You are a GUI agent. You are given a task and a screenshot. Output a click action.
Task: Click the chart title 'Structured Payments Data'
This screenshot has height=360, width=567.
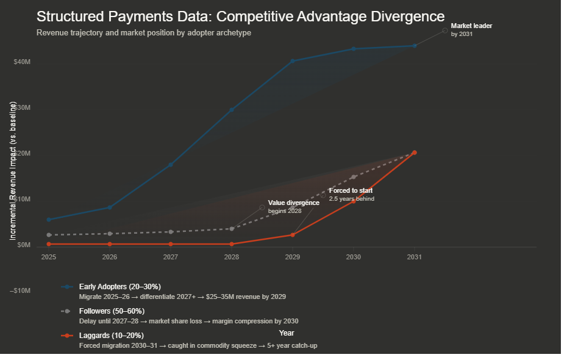tap(240, 16)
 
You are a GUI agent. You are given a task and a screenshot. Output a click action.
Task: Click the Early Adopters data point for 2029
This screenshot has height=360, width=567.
tap(293, 61)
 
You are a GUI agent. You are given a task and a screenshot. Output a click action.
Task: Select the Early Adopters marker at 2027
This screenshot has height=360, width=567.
tap(171, 165)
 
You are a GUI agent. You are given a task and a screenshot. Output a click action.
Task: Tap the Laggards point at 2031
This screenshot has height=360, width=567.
tap(415, 153)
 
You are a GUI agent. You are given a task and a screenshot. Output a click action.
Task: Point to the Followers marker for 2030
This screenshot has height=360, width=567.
tap(354, 177)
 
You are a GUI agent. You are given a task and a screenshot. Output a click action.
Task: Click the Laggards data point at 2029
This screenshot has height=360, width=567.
tap(293, 235)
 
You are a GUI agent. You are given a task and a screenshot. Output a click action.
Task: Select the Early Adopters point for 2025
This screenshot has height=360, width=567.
tap(49, 220)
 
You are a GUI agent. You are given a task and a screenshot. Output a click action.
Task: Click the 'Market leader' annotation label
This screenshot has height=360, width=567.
tap(471, 26)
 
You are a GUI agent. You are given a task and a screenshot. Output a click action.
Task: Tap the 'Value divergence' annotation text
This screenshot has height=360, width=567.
tap(293, 203)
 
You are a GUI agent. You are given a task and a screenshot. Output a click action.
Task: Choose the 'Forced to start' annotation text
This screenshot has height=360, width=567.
tap(351, 191)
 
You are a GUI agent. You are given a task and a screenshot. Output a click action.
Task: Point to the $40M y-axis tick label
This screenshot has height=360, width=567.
tap(22, 62)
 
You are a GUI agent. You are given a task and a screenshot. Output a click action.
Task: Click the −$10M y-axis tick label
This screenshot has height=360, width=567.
tap(20, 290)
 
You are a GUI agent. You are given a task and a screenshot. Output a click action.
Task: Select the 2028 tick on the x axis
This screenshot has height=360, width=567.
tap(232, 257)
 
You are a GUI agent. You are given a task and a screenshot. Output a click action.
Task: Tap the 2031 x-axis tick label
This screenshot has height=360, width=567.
tap(415, 257)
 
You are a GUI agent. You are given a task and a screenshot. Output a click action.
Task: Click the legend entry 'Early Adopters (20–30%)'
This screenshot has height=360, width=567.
tap(119, 286)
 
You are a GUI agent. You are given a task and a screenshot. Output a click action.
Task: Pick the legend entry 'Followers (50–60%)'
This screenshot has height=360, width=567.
tap(112, 311)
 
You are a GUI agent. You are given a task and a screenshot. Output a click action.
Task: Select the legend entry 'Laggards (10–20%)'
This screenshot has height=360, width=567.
tap(111, 336)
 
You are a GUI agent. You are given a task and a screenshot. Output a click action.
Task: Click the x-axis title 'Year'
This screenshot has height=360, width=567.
tap(287, 333)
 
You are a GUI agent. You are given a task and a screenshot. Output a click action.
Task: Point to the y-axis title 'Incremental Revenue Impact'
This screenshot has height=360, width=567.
tap(13, 171)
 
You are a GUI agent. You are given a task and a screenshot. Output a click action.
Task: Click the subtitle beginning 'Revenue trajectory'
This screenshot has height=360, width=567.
tap(143, 32)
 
